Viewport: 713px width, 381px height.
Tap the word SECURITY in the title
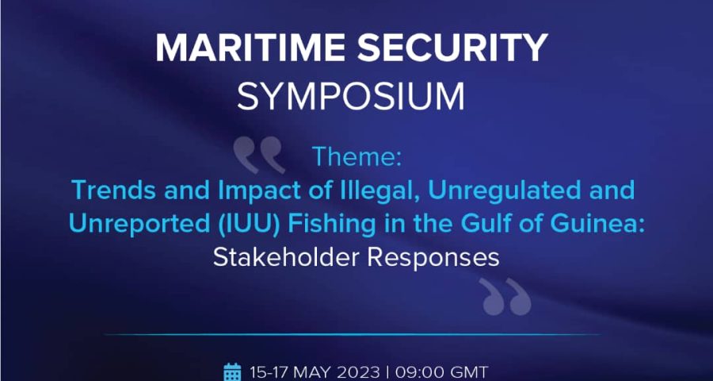click(453, 48)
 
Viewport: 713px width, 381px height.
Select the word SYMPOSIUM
click(351, 97)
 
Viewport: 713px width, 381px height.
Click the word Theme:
click(356, 158)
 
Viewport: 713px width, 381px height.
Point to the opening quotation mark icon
click(259, 156)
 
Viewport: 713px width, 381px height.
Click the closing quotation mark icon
click(505, 297)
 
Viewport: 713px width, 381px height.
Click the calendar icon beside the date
click(232, 372)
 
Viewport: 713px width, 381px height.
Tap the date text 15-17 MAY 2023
click(315, 372)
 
